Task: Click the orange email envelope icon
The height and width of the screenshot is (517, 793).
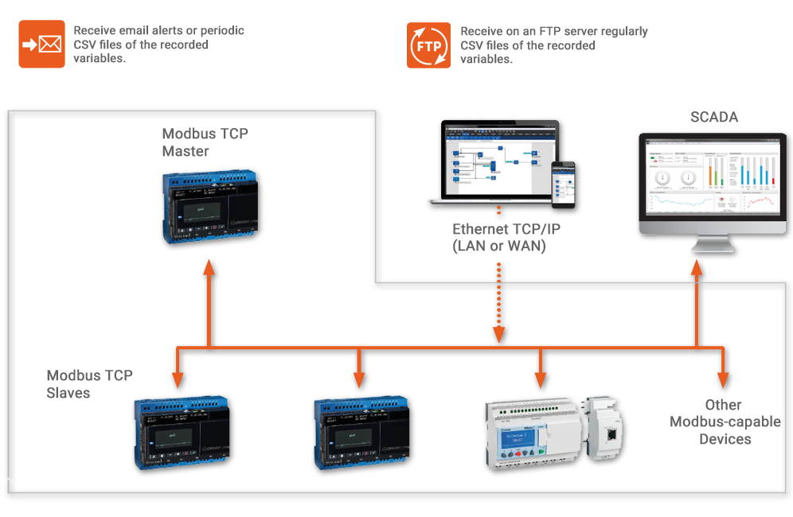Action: point(41,45)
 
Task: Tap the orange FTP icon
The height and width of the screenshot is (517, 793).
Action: point(429,45)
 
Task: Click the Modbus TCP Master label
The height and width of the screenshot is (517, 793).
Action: point(205,142)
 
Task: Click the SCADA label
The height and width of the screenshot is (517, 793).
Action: point(713,118)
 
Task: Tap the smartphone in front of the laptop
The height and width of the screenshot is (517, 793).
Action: point(563,185)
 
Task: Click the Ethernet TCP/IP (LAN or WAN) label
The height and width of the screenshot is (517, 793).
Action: point(499,238)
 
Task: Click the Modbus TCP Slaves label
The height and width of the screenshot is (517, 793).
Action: point(89,384)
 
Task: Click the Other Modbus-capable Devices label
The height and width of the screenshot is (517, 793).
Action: point(725,422)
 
